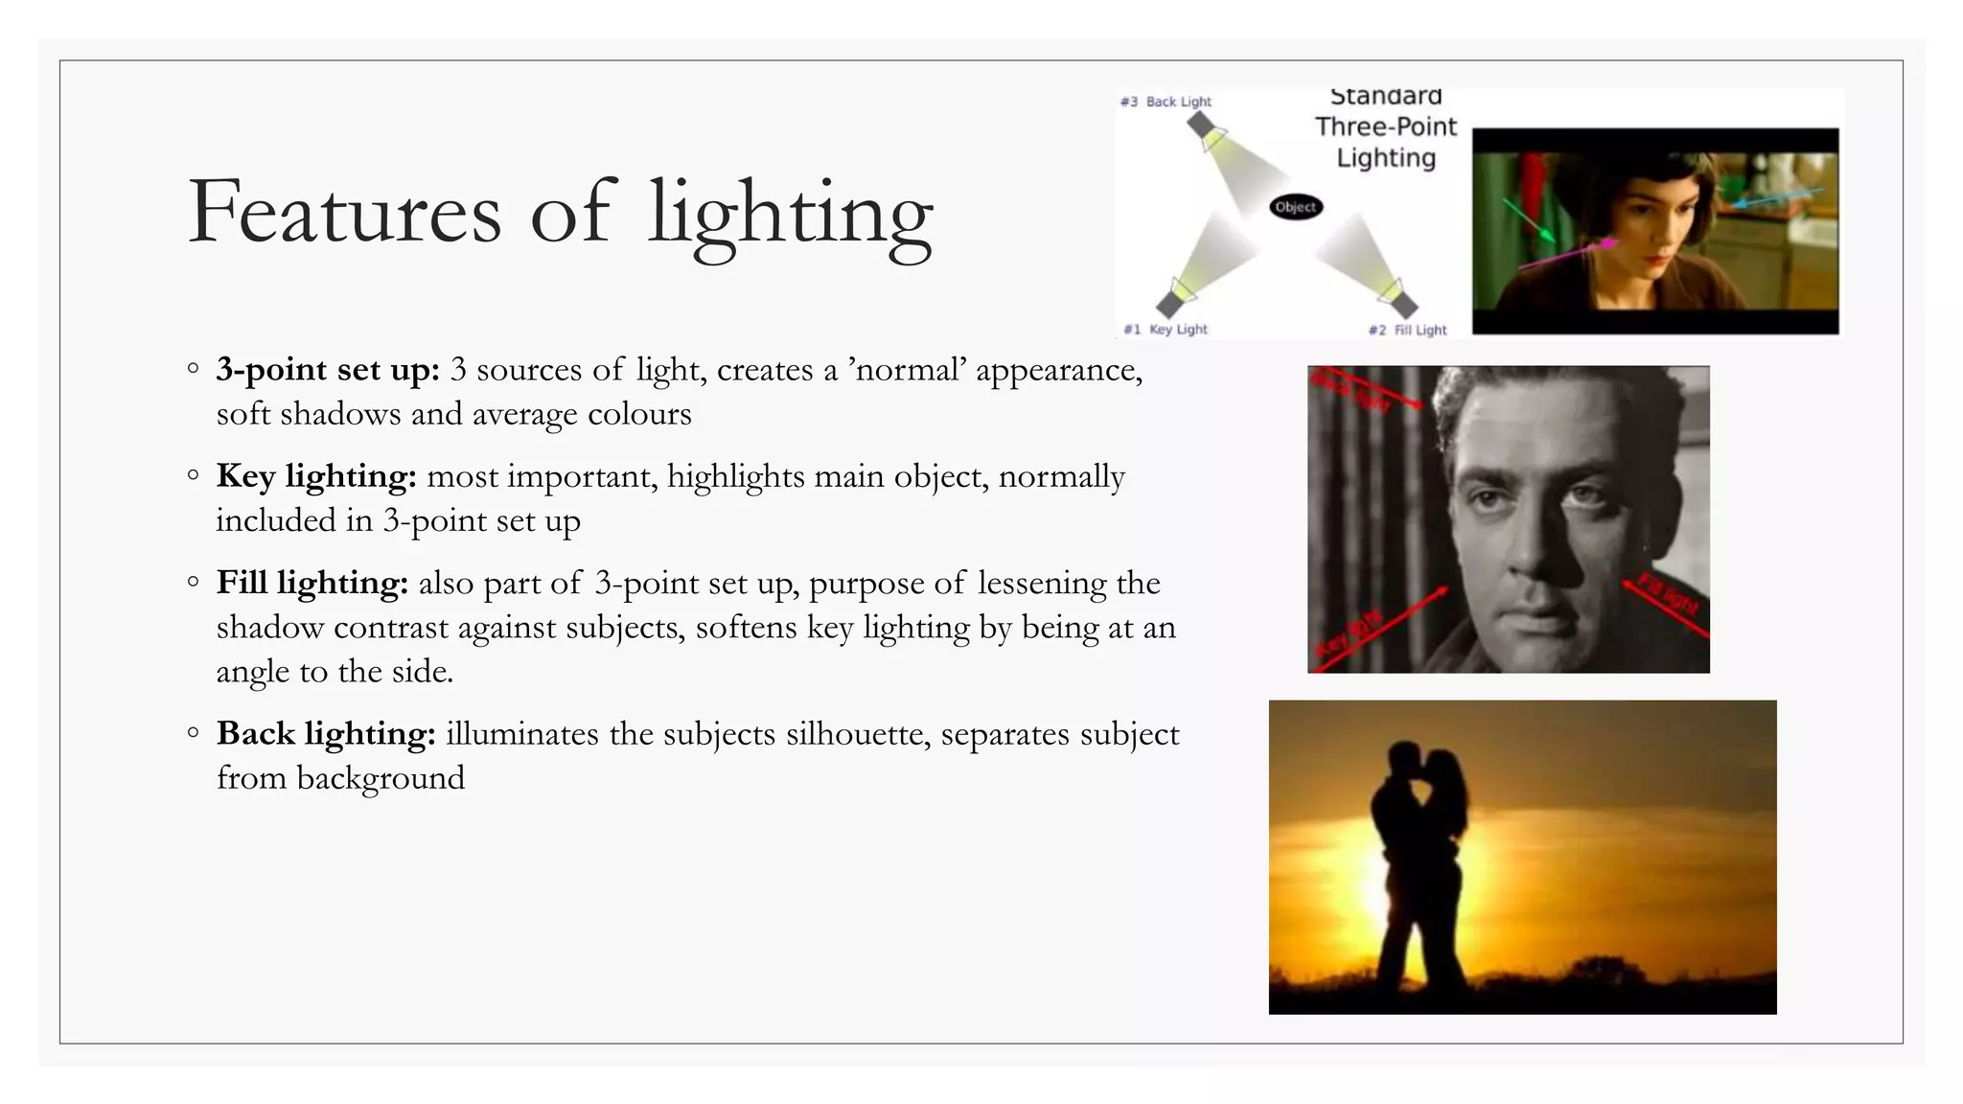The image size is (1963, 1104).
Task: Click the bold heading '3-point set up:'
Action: click(x=327, y=369)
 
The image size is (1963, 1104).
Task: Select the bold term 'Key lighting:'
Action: click(x=315, y=475)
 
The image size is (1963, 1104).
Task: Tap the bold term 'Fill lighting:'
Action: click(x=312, y=582)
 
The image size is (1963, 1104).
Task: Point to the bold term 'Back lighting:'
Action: click(x=326, y=733)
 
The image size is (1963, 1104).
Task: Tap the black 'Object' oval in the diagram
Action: click(x=1296, y=207)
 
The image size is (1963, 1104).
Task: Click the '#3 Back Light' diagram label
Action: click(x=1166, y=102)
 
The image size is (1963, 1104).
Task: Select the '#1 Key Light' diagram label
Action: click(x=1166, y=330)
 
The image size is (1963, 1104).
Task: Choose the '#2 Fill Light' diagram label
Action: click(x=1407, y=330)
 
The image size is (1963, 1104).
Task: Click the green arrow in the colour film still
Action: click(x=1528, y=219)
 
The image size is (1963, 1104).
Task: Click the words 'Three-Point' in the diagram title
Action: click(x=1385, y=126)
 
